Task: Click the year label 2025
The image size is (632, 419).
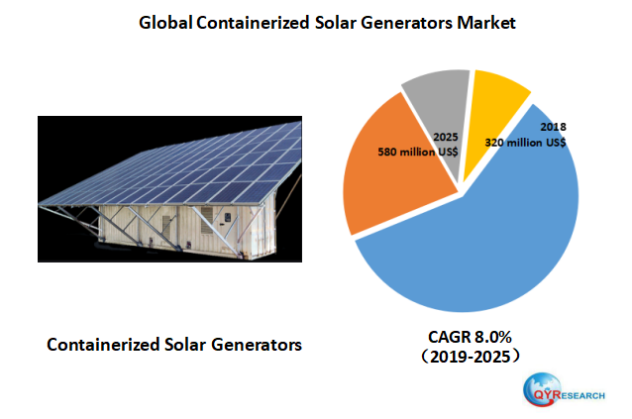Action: pos(447,139)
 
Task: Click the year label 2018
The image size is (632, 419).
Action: pos(553,128)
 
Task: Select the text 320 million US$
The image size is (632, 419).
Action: pos(525,143)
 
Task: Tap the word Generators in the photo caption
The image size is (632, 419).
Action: pos(255,345)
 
